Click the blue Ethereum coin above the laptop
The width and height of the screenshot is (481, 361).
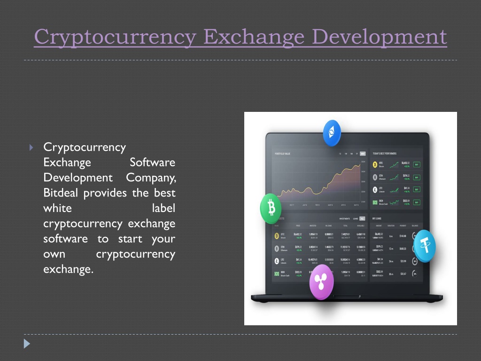pos(332,133)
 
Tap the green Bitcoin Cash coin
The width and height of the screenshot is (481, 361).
pos(271,208)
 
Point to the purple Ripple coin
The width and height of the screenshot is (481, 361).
pos(322,282)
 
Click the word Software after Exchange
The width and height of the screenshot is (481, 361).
pos(152,163)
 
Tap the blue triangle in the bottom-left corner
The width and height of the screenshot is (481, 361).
pos(27,344)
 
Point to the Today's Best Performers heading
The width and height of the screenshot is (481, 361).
pos(386,154)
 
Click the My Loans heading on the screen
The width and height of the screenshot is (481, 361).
pos(379,219)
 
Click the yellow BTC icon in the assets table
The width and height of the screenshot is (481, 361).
pos(277,235)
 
